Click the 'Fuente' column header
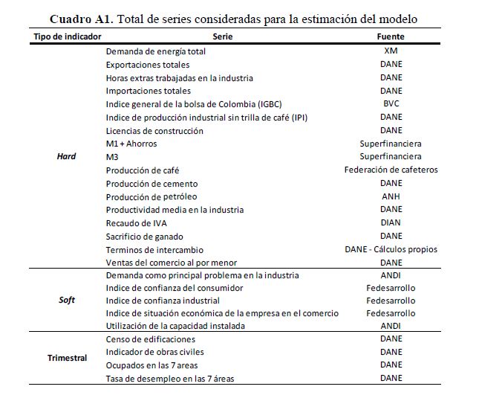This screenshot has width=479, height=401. click(x=391, y=36)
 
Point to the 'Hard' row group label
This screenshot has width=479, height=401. click(x=67, y=157)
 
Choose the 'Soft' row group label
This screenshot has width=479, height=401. click(x=67, y=301)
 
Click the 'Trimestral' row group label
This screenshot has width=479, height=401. click(x=67, y=359)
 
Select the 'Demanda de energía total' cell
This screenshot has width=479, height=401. click(x=156, y=51)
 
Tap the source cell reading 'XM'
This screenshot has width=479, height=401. click(x=391, y=51)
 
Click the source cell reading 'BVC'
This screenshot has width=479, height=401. click(x=391, y=104)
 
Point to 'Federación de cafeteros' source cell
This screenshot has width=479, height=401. click(x=391, y=170)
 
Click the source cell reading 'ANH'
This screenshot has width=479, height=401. click(x=391, y=196)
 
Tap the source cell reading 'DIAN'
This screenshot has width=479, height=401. click(x=391, y=223)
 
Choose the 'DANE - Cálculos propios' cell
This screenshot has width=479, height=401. click(x=391, y=250)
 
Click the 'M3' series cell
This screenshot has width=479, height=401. click(x=113, y=157)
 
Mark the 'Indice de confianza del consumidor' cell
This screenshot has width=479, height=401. click(x=175, y=288)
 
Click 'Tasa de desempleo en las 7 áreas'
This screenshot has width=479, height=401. click(x=171, y=379)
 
